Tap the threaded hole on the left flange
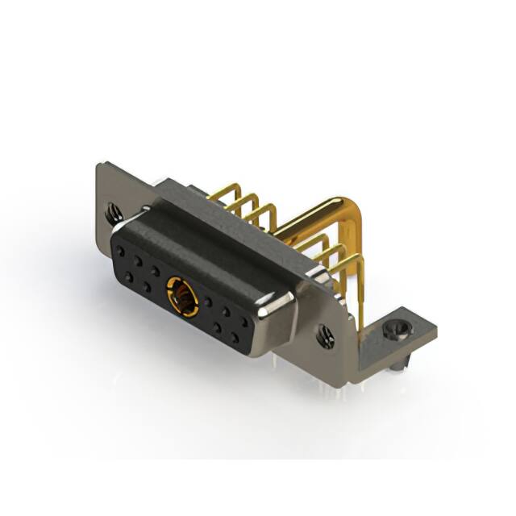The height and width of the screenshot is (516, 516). (x=113, y=214)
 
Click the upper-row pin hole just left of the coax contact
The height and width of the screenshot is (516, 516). (x=156, y=271)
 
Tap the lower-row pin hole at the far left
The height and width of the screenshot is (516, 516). (x=127, y=276)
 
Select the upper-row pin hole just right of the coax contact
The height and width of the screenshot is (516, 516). (x=209, y=301)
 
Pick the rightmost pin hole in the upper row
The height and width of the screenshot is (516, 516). (x=243, y=320)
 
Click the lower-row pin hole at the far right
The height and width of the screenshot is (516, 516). (x=235, y=338)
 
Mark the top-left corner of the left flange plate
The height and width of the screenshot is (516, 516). (x=99, y=168)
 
